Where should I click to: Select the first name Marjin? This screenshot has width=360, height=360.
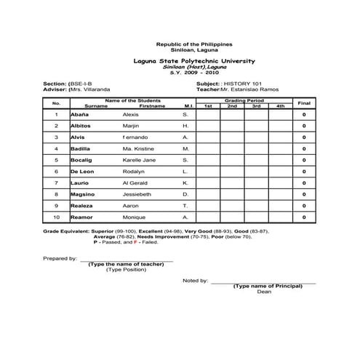tap(132, 126)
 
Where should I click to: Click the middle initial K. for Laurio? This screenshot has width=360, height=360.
tap(185, 183)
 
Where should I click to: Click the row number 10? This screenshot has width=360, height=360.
tap(56, 217)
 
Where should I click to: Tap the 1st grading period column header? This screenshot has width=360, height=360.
tap(207, 107)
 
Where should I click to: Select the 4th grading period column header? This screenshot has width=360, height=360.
tap(280, 107)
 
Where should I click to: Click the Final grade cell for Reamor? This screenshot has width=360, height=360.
tap(304, 217)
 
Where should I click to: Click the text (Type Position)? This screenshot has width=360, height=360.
tap(126, 269)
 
